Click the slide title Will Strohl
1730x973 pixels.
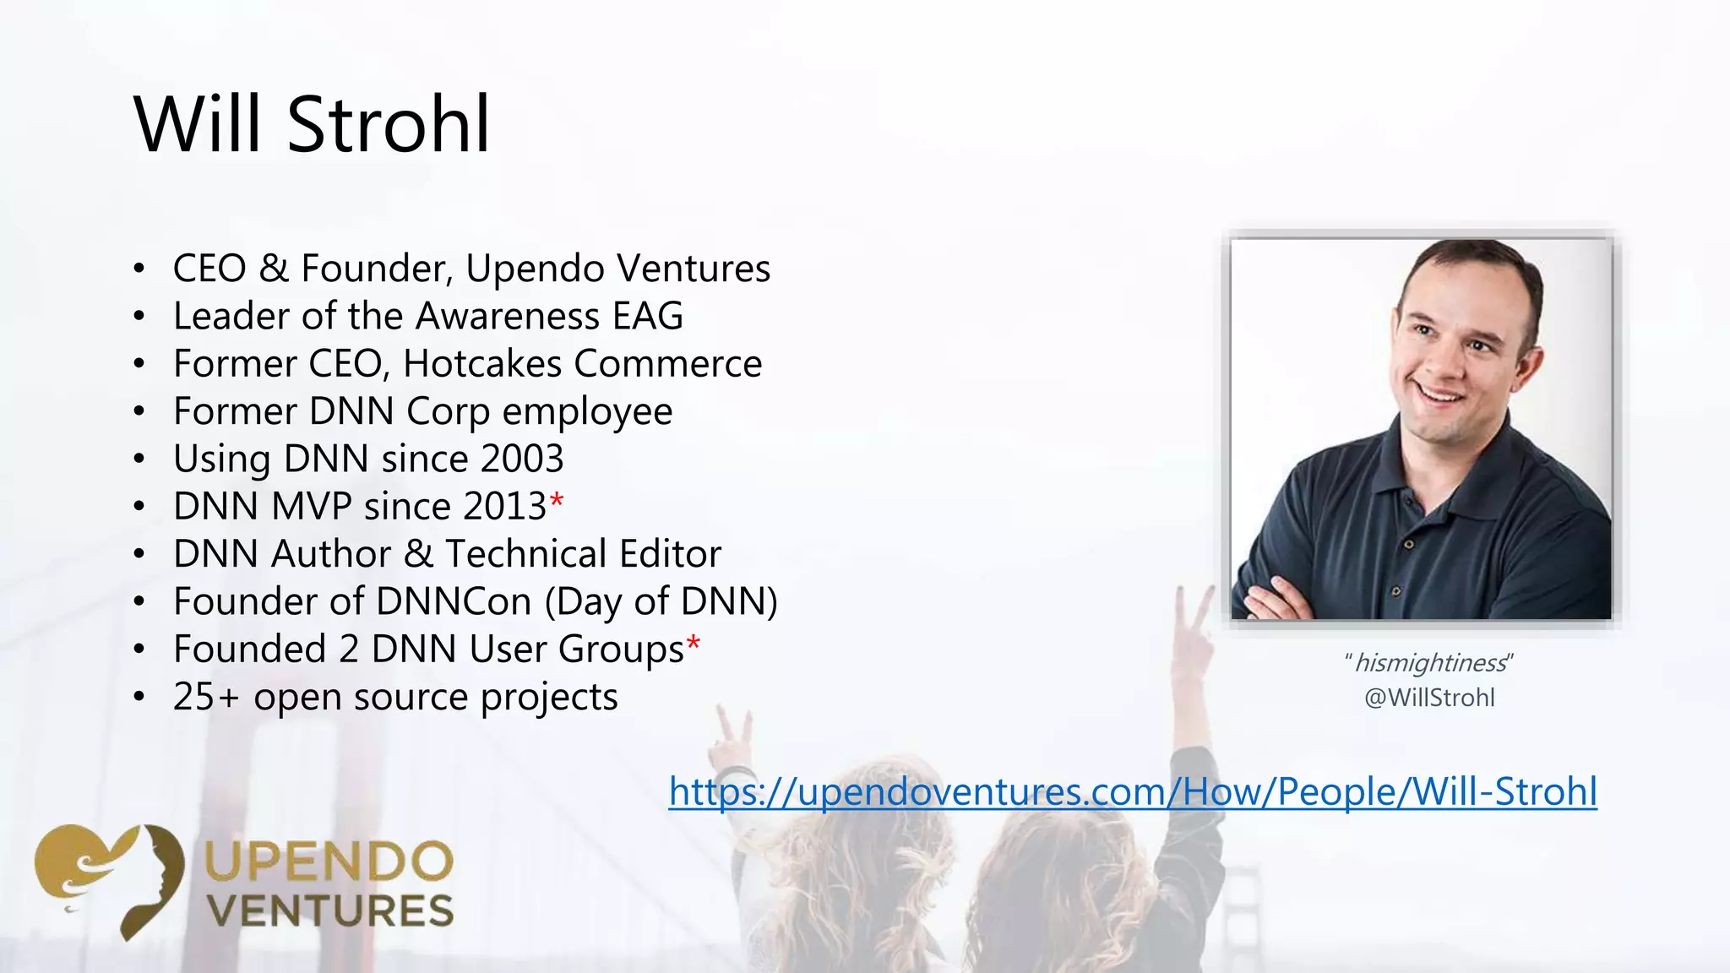tap(312, 125)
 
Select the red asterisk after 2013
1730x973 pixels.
tap(556, 501)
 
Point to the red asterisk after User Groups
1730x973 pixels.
tap(693, 644)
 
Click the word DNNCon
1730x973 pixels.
tap(453, 601)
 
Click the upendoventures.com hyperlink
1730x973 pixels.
tap(1132, 792)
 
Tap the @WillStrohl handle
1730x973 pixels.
tap(1429, 698)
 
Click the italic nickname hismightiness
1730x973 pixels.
tap(1429, 663)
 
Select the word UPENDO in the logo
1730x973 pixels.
tap(329, 862)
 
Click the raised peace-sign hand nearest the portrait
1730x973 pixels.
tap(1193, 625)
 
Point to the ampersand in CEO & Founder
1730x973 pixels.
tap(273, 269)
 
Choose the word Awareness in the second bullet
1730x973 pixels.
tap(508, 316)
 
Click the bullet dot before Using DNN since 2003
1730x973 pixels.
tap(139, 459)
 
